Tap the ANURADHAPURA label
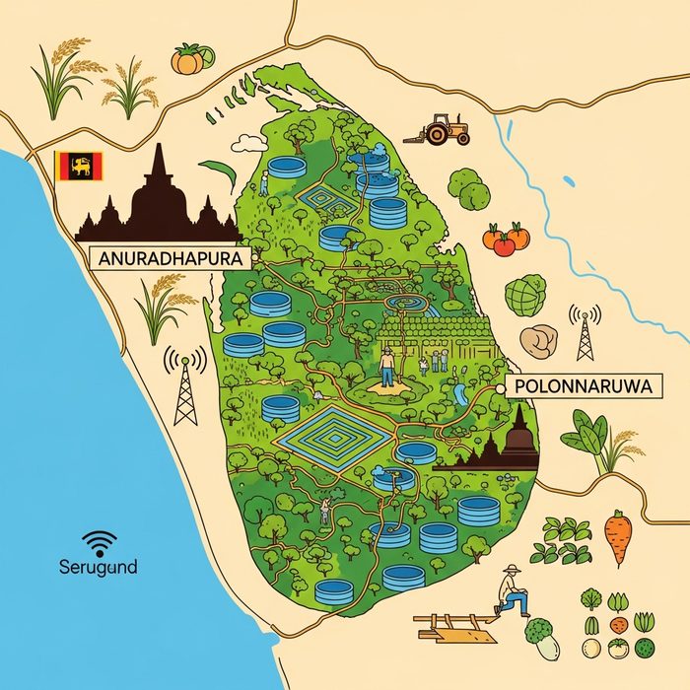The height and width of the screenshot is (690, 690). (x=167, y=257)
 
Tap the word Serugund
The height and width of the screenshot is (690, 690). (x=99, y=568)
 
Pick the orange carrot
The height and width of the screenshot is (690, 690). (x=617, y=537)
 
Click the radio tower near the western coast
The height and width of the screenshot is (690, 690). (x=185, y=385)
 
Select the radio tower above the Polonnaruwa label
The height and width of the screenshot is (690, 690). (x=586, y=332)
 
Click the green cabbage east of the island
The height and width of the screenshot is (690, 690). (x=525, y=295)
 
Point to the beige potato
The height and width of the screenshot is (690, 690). (x=539, y=341)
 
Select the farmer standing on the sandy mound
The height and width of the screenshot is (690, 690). (x=388, y=367)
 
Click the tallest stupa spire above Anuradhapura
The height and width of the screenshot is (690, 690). (x=158, y=168)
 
